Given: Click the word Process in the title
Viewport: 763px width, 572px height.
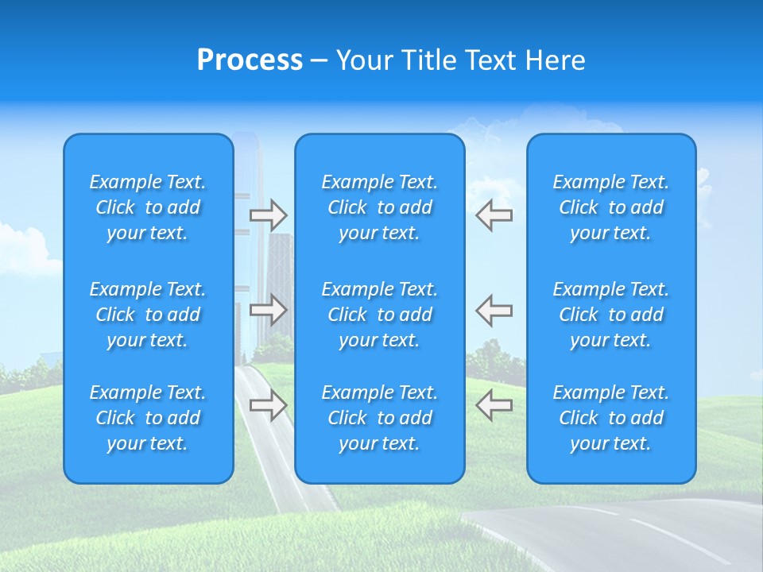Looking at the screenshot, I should [x=250, y=60].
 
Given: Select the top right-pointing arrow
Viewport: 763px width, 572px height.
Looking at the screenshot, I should [x=268, y=215].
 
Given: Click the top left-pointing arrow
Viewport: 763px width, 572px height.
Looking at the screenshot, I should [x=494, y=215].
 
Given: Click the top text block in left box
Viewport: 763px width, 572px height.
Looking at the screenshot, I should [x=148, y=207].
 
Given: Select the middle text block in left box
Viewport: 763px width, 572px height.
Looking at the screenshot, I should [x=148, y=315].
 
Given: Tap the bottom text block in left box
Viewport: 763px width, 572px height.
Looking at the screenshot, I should [x=148, y=418].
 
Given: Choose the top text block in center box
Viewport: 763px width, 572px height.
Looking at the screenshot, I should [x=379, y=207].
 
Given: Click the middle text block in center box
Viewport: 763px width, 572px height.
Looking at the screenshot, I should [x=379, y=315].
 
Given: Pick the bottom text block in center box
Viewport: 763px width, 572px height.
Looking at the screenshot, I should [x=379, y=418].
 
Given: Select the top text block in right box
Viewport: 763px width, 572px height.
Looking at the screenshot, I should [x=611, y=207].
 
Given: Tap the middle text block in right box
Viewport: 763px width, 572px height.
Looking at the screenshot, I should [x=611, y=315].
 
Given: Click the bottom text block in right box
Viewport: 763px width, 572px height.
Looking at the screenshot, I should [x=611, y=418].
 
